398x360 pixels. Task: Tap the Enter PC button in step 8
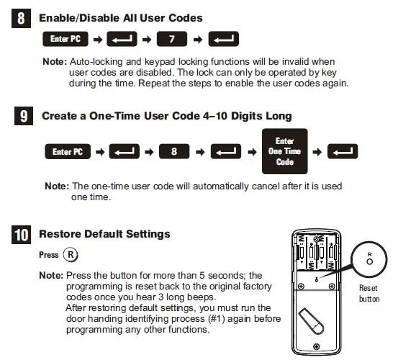(x=65, y=39)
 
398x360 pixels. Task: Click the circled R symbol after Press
(x=71, y=254)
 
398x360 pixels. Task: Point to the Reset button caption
(x=368, y=293)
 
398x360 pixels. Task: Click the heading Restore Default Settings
(x=104, y=234)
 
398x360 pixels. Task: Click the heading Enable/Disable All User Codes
(x=120, y=17)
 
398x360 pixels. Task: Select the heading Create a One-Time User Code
(x=166, y=115)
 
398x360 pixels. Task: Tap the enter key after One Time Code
(x=342, y=152)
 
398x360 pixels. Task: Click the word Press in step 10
(x=48, y=255)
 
